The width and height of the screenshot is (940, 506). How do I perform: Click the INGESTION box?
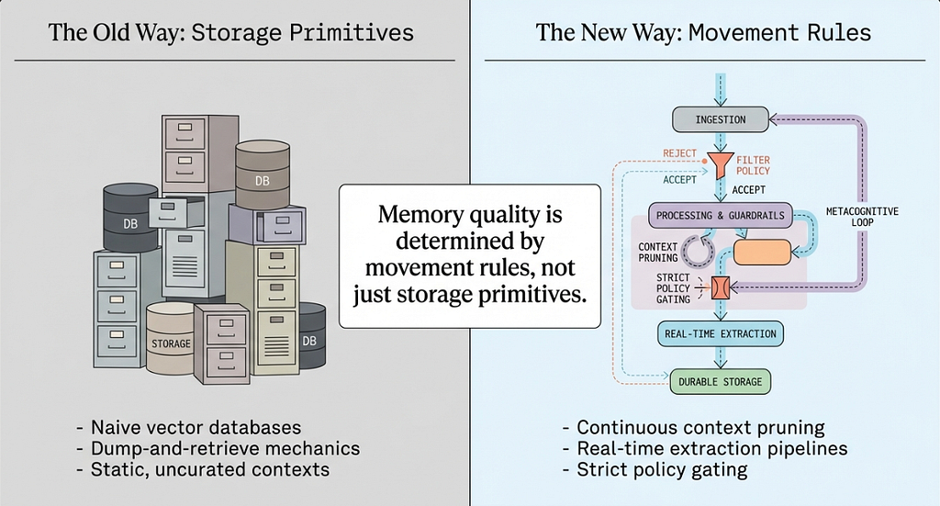(720, 119)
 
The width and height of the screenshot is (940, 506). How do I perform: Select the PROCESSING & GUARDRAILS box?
(720, 215)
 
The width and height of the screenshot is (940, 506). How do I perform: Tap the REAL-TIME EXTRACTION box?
(720, 334)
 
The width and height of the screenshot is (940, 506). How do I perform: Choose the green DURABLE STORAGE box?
(720, 382)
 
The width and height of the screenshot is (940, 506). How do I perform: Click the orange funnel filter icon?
(720, 164)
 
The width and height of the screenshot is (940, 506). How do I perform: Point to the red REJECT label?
(680, 153)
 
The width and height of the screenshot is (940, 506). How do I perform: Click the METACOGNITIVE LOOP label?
(862, 217)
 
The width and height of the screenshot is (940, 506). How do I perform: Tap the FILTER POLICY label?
(753, 165)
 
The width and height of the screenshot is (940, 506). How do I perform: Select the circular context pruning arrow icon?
(697, 250)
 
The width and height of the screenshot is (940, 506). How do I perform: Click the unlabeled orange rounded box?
(763, 253)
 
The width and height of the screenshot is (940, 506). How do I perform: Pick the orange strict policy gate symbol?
(720, 288)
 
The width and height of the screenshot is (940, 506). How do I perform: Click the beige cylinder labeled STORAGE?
(171, 338)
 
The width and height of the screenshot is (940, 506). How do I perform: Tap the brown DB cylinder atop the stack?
(263, 174)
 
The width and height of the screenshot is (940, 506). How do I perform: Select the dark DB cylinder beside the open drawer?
(130, 217)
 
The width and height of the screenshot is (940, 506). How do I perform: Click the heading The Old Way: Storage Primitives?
(230, 32)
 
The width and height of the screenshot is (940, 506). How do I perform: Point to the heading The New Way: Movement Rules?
(703, 32)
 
